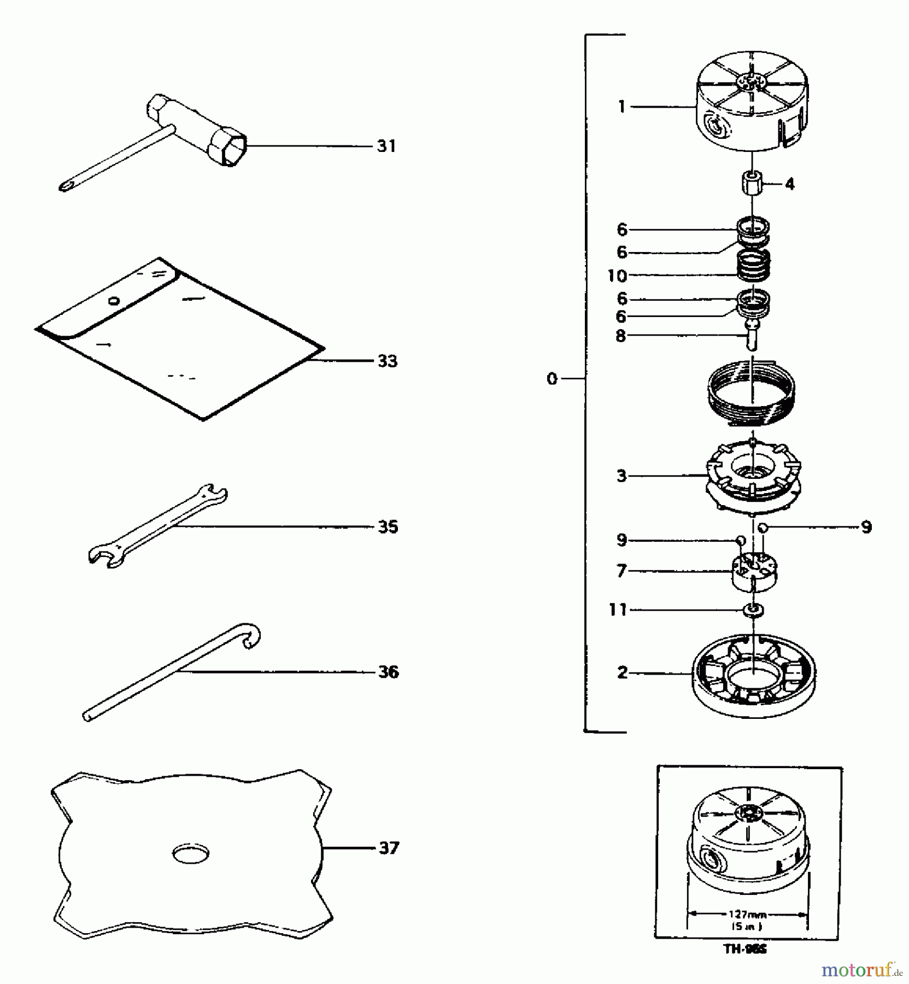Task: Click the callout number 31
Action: (x=386, y=146)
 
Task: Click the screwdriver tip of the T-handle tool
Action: (x=64, y=187)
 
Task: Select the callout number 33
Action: (x=388, y=361)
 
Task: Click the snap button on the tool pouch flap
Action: (x=114, y=300)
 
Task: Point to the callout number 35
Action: (x=388, y=527)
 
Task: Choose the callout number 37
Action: (x=389, y=848)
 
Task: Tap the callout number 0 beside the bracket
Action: (x=552, y=378)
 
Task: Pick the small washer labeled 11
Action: (x=754, y=610)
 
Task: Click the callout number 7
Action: (x=621, y=571)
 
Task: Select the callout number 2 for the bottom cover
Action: (x=622, y=672)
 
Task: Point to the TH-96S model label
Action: (x=745, y=950)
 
